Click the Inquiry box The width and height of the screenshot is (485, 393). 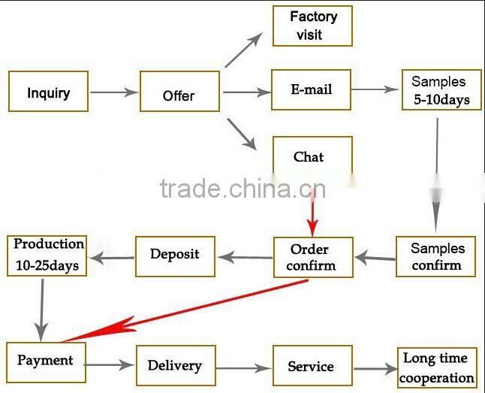tap(48, 92)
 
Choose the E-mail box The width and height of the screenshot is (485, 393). tap(311, 90)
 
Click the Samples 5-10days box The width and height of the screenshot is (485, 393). tap(438, 90)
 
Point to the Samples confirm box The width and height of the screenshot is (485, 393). tap(438, 256)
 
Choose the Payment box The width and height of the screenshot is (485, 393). tap(46, 361)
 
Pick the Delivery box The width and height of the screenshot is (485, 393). tap(176, 366)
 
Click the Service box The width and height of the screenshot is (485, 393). tap(312, 367)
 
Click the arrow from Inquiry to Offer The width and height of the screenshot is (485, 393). tap(114, 92)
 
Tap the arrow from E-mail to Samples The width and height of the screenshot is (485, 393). tap(375, 89)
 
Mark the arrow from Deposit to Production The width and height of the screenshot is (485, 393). tap(113, 258)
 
